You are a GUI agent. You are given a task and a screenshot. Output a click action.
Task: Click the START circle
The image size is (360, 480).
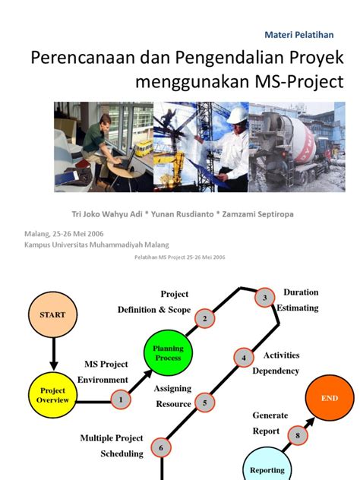52,314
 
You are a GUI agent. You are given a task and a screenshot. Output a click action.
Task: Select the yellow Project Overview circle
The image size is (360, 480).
52,395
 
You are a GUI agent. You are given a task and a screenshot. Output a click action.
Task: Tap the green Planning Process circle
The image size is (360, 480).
168,352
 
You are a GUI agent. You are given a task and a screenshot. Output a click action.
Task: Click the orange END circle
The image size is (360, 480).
330,398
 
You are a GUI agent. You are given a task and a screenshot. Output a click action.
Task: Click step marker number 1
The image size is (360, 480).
121,399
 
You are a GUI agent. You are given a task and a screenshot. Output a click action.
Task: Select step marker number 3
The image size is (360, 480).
265,297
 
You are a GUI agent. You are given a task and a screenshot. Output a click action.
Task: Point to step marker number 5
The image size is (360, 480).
205,403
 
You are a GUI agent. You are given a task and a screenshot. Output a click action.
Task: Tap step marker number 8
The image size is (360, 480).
298,435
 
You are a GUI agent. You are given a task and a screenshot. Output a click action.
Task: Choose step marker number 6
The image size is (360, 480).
161,447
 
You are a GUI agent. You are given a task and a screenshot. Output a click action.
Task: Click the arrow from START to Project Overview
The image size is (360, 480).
54,354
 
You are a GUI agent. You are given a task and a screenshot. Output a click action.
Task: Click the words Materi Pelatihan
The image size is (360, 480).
299,35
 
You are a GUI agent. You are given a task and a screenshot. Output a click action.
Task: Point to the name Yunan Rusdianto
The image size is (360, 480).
182,214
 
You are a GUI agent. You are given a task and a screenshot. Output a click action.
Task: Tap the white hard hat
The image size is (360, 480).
238,115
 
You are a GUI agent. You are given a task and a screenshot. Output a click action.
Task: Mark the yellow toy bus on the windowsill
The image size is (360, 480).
144,148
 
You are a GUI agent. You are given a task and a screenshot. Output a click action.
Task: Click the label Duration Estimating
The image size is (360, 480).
298,300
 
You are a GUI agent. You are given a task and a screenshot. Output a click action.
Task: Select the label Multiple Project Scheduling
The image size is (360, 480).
112,446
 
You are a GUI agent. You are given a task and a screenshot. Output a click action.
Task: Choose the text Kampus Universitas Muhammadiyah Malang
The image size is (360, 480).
96,245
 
